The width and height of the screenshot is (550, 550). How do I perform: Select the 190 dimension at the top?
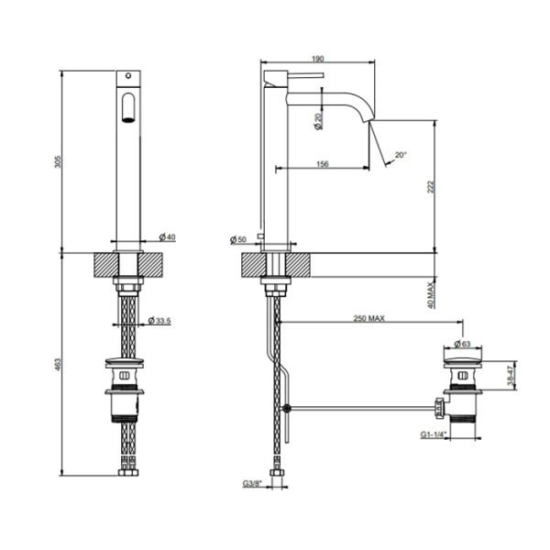point(317,59)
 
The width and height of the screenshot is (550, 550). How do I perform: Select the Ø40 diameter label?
point(166,237)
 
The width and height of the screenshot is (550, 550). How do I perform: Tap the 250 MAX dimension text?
point(368,318)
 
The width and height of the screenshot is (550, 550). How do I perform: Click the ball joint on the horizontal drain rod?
point(288,406)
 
